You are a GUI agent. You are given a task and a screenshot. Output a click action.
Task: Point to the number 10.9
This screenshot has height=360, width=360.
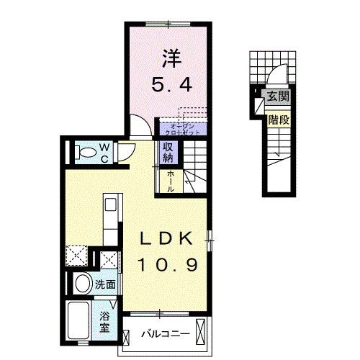click(167, 264)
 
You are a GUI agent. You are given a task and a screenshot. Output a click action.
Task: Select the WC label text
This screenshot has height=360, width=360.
click(104, 152)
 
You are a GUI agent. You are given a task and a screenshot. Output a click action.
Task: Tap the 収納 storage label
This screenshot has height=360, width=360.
click(168, 152)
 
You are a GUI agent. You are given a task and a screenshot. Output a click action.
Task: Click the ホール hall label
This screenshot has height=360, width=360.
click(170, 180)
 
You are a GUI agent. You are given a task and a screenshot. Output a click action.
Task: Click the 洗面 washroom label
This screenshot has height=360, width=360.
click(105, 284)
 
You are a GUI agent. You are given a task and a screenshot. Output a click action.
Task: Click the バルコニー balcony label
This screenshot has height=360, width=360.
click(164, 335)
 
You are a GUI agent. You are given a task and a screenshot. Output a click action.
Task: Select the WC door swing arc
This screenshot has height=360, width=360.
click(125, 150)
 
